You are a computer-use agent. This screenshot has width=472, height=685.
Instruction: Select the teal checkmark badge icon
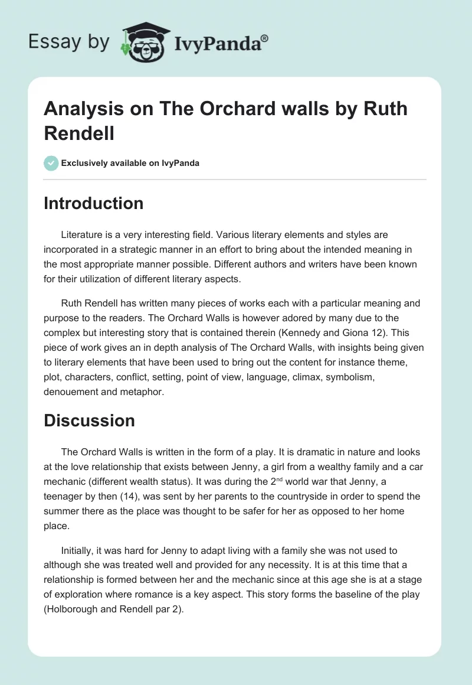51,163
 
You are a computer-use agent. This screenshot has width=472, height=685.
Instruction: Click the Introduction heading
93,203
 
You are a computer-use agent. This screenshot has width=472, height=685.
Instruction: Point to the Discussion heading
89,420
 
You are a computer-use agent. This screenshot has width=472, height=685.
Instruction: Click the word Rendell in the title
79,133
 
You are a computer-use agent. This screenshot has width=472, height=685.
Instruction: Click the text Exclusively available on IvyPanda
130,163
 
